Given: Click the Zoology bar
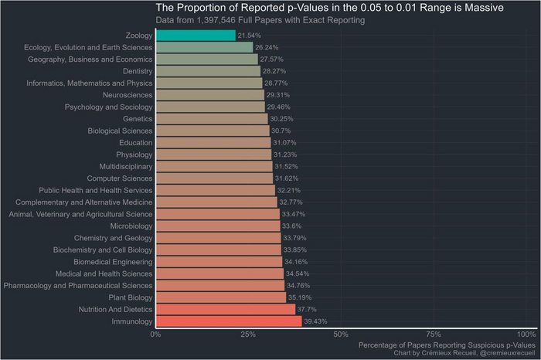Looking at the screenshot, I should tap(196, 36).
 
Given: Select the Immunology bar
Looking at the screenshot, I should tap(228, 321).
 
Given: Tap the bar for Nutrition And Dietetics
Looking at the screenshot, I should tap(225, 309).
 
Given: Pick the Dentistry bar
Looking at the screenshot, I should tap(208, 71).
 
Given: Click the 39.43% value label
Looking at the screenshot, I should tap(317, 321).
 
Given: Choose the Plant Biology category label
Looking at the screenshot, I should tap(130, 297).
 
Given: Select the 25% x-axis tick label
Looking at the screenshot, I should tap(247, 334).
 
